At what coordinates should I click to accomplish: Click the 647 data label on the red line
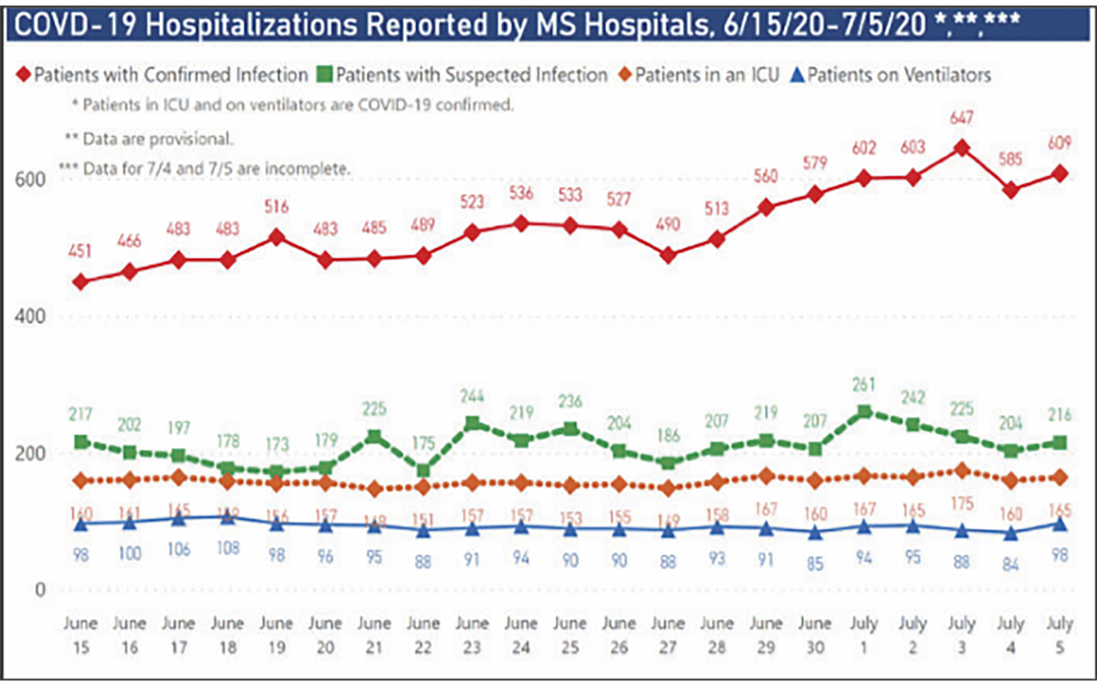[962, 118]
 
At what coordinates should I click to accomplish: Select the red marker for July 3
[961, 148]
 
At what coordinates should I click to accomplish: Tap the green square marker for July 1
[863, 413]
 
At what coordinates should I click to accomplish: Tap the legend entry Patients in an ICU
[705, 74]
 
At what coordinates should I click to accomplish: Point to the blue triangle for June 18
[228, 518]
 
